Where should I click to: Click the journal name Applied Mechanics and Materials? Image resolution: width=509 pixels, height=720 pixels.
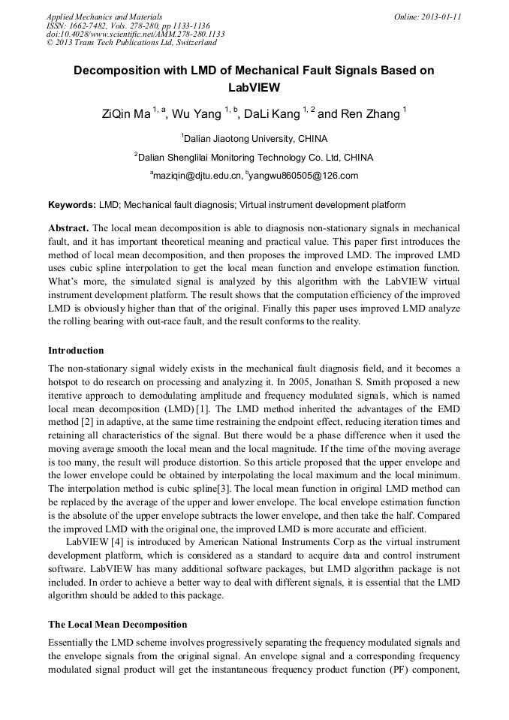[104, 16]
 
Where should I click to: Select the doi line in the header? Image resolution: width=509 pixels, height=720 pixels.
[135, 35]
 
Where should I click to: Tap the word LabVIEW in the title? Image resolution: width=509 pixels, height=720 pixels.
[254, 87]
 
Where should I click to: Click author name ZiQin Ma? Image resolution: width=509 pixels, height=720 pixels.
[126, 115]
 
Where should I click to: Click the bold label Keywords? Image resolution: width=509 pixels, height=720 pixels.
[72, 205]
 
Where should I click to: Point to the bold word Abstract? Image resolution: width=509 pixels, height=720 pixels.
[69, 227]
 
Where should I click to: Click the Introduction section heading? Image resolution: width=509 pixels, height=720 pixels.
[76, 351]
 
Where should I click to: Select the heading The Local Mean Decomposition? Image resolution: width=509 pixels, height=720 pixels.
[117, 625]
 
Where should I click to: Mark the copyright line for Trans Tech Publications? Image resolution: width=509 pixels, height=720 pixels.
[131, 44]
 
